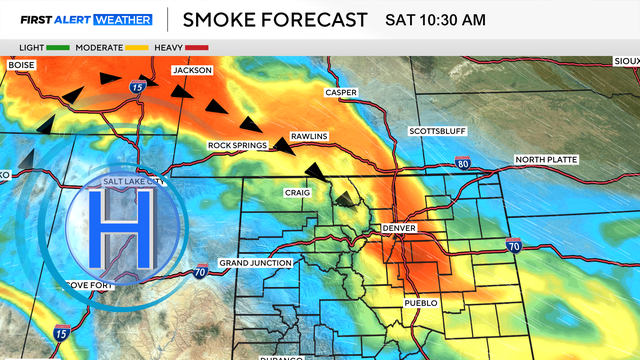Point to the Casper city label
point(341,92)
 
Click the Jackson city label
point(193,71)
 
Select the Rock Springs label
point(237,146)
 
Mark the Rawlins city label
point(309,135)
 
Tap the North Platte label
point(546,160)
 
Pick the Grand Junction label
point(255,263)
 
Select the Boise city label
point(21,65)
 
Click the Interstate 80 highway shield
point(461,162)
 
